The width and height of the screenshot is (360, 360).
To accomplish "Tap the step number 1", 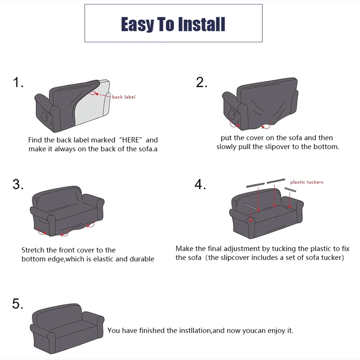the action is (x=18, y=82).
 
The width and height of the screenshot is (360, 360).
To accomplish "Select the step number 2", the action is (x=201, y=82).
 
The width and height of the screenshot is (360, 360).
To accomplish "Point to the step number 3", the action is (x=18, y=184).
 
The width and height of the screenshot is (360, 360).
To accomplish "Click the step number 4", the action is (x=200, y=184).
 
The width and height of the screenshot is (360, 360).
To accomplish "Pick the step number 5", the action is (x=18, y=303).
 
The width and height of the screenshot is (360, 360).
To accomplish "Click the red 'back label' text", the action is (x=123, y=97).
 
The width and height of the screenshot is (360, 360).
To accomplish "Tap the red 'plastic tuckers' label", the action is (x=306, y=182).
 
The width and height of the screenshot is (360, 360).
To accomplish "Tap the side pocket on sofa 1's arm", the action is (x=45, y=116).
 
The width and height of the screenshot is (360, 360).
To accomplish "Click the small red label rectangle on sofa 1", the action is (x=93, y=93).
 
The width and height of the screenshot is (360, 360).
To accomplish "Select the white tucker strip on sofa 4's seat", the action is (x=252, y=207).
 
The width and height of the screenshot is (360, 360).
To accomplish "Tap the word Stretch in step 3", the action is (x=32, y=250).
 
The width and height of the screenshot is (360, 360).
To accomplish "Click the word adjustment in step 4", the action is (x=242, y=249).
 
